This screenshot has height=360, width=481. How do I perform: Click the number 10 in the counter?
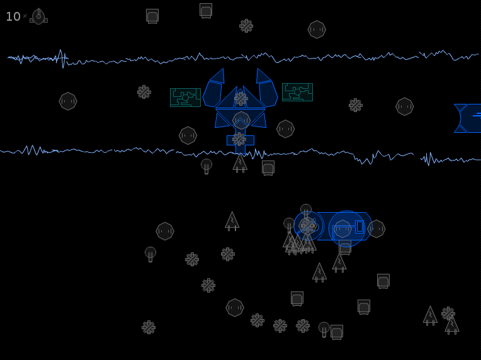click(13, 16)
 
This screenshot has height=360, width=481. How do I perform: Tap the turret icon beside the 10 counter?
click(38, 16)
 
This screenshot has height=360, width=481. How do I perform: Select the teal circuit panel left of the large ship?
click(185, 98)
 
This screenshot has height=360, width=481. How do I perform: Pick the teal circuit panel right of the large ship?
click(297, 92)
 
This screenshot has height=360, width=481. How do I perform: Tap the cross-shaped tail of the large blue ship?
click(241, 141)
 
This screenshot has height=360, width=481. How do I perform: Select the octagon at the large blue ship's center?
click(241, 120)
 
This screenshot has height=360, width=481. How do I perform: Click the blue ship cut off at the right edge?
click(468, 118)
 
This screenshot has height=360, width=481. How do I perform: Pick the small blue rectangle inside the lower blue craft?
click(359, 227)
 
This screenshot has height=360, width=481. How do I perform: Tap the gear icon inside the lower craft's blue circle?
click(307, 225)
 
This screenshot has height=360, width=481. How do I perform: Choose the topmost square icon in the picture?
click(206, 11)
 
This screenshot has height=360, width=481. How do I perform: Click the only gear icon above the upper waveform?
click(246, 26)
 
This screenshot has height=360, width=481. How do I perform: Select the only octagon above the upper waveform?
click(317, 30)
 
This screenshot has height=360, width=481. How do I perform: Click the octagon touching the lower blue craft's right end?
click(376, 228)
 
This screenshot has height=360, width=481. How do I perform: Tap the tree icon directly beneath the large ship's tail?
click(240, 163)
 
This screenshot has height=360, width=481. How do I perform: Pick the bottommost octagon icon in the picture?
click(235, 308)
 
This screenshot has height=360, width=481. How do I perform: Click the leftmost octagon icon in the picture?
click(68, 101)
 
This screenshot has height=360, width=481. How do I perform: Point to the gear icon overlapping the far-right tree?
click(448, 313)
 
